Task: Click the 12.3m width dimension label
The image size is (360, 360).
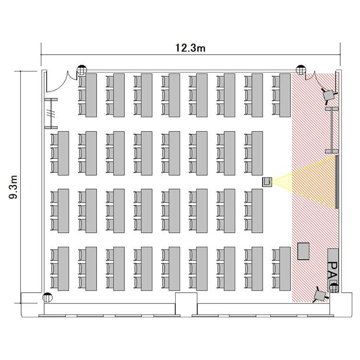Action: pyautogui.click(x=191, y=48)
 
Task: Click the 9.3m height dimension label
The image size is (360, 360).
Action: pyautogui.click(x=13, y=187)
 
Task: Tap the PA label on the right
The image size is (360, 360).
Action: pyautogui.click(x=333, y=271)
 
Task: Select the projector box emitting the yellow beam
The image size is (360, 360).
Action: pyautogui.click(x=267, y=182)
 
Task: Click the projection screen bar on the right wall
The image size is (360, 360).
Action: pyautogui.click(x=337, y=182)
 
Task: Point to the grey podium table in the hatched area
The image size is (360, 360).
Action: pyautogui.click(x=303, y=251)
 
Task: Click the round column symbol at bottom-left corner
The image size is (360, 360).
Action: pyautogui.click(x=48, y=298)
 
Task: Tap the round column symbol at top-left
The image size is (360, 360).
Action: pyautogui.click(x=82, y=70)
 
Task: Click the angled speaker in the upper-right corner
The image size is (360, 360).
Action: pyautogui.click(x=329, y=95)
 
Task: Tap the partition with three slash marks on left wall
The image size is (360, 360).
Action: pyautogui.click(x=51, y=113)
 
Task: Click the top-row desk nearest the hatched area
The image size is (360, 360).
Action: pyautogui.click(x=285, y=96)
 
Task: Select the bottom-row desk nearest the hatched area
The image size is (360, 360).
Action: pyautogui.click(x=285, y=269)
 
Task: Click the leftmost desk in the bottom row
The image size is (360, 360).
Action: pyautogui.click(x=63, y=269)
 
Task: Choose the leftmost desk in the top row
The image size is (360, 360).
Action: pyautogui.click(x=91, y=96)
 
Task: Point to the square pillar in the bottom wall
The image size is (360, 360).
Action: pyautogui.click(x=186, y=303)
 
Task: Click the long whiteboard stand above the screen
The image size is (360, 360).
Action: pyautogui.click(x=332, y=130)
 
